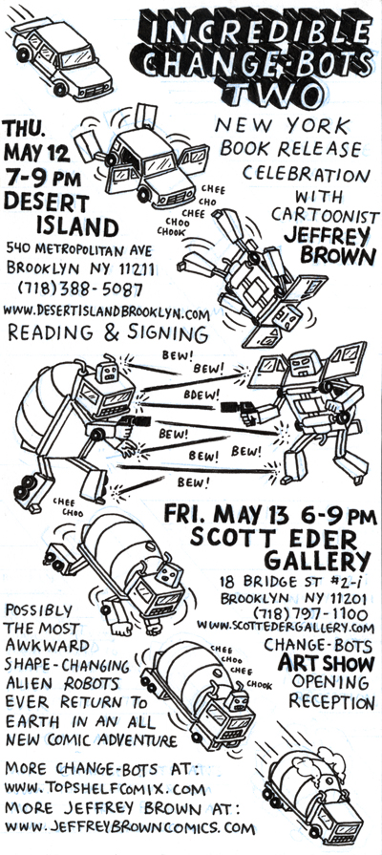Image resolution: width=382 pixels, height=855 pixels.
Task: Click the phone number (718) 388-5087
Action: tap(80, 288)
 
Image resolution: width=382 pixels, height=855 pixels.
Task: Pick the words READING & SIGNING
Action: tap(107, 333)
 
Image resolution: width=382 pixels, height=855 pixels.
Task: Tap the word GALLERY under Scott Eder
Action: tap(317, 560)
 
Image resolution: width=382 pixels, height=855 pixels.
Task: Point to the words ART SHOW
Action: tap(327, 663)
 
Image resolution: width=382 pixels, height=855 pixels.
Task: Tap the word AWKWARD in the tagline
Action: tap(48, 646)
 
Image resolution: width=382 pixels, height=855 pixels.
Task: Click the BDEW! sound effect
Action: tap(202, 393)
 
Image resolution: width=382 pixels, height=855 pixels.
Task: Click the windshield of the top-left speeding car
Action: tap(76, 57)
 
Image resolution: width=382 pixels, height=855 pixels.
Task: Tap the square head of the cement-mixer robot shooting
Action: tap(107, 372)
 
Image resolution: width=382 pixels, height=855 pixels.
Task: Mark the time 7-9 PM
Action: tap(42, 179)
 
